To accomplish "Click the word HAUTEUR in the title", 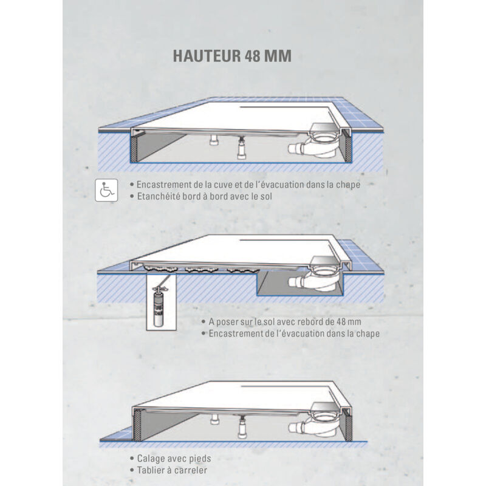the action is pos(207,56).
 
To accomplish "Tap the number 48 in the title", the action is pos(253,56).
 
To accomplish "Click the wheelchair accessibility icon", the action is pos(106,190).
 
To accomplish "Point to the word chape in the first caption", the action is pos(348,185).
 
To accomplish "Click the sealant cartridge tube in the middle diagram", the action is pos(160,306).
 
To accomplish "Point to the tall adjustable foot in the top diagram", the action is pos(241,149).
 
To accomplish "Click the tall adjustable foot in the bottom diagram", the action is pos(242,428).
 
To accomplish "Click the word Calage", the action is pos(151,459).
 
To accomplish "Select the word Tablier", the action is pos(151,470).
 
